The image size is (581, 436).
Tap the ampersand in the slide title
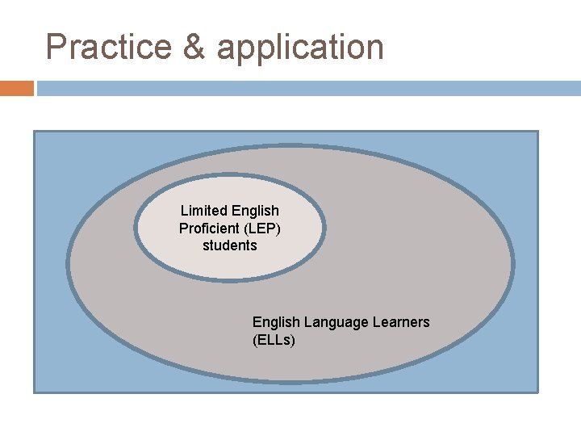coord(194,47)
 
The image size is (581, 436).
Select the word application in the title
coord(300,47)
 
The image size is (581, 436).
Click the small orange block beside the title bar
coord(16,88)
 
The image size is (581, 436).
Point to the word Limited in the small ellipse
coord(204,211)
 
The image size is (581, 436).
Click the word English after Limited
coord(255,211)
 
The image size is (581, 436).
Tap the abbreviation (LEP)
coord(265,228)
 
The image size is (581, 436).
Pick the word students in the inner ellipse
coord(230,245)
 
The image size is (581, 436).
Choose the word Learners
coord(401,322)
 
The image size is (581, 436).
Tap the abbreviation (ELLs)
coord(274,340)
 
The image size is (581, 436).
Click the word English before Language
coord(276,322)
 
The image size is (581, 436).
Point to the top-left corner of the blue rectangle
coord(34,132)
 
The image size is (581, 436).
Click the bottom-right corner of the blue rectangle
coord(537,392)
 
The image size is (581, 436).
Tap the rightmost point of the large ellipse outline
coord(513,264)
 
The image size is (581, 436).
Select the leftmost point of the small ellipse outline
coord(136,228)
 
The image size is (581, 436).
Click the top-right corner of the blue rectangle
coord(537,132)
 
